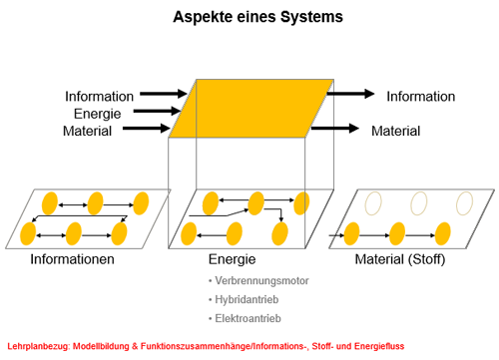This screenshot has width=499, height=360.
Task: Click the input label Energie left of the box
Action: (97, 114)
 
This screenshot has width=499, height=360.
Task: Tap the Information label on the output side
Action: (421, 97)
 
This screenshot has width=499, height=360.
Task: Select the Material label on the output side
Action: (396, 131)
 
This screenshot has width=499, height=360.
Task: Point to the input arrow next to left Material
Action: (147, 129)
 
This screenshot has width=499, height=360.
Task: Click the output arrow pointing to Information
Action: (350, 94)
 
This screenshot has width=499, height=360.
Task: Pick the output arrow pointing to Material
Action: (335, 129)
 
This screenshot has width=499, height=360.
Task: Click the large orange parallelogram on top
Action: (251, 109)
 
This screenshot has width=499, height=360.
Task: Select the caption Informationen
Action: (72, 259)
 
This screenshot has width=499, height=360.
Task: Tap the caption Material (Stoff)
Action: (400, 259)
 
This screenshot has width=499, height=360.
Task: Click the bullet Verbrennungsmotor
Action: (261, 281)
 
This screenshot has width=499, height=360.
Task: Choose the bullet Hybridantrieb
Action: (247, 299)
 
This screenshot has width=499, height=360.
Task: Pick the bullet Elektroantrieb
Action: (248, 318)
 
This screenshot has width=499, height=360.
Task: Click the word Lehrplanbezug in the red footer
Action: (39, 346)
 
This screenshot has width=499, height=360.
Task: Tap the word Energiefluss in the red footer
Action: (379, 346)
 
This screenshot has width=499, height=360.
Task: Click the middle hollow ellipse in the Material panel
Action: (411, 203)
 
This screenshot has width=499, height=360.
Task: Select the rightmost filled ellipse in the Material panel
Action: (443, 234)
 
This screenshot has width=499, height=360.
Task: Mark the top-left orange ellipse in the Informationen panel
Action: (50, 203)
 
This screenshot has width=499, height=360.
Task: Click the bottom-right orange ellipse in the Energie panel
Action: (279, 234)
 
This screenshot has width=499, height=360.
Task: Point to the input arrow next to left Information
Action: (164, 94)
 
